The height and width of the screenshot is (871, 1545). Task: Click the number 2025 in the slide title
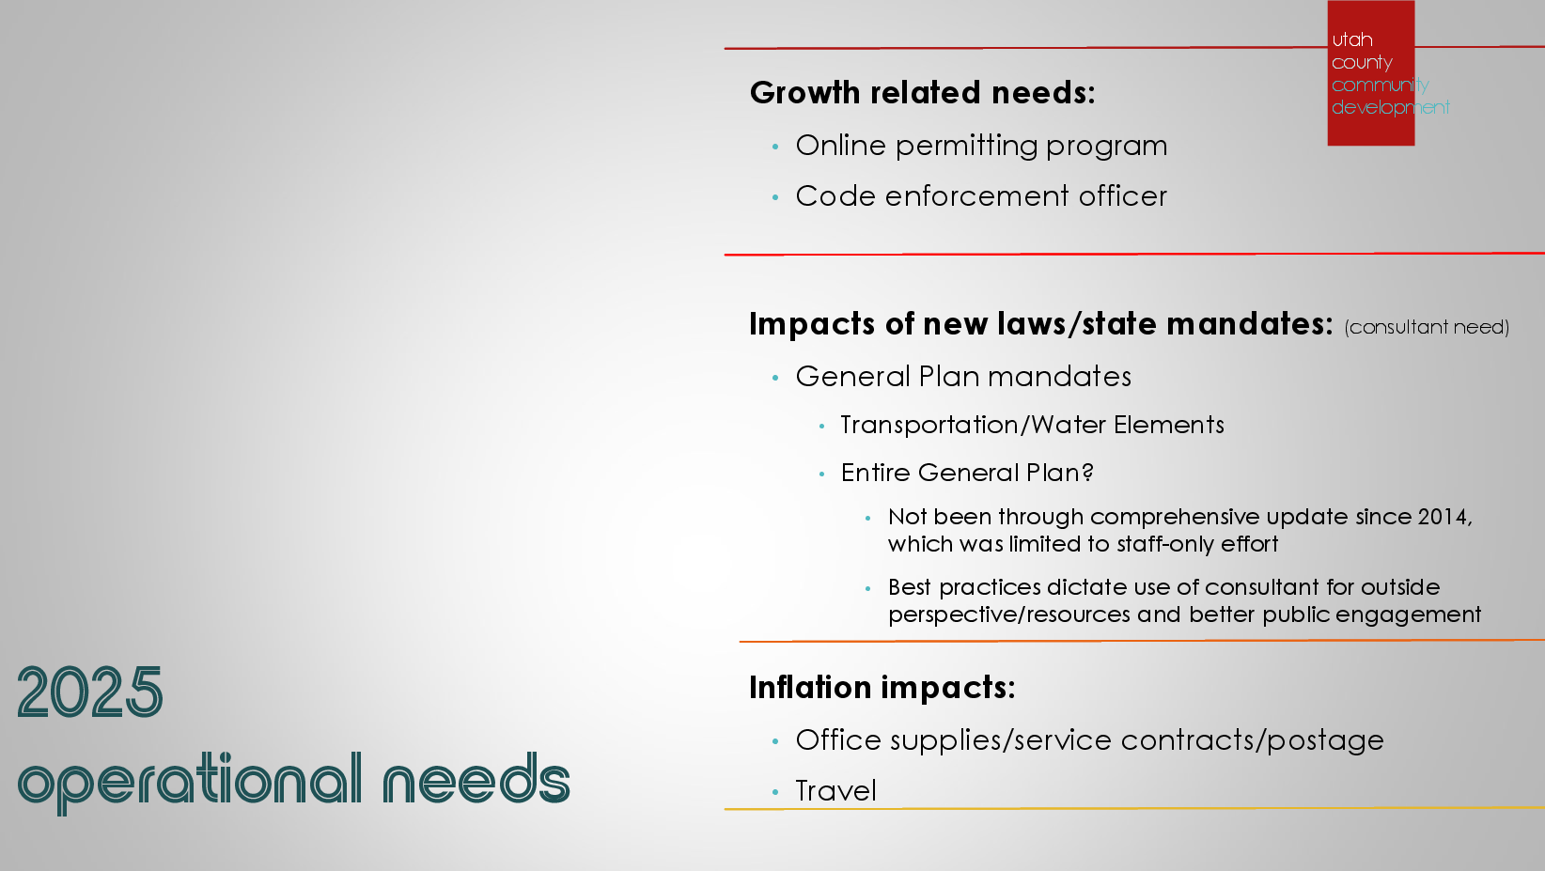[x=89, y=692]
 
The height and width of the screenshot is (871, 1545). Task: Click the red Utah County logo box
[x=1370, y=72]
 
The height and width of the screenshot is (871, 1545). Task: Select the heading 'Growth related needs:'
[x=922, y=92]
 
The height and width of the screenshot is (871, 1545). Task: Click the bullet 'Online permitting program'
[x=981, y=147]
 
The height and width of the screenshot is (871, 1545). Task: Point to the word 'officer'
[x=1123, y=195]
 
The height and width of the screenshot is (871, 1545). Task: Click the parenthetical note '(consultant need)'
[x=1427, y=327]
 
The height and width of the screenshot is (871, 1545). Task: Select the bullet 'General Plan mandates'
[x=963, y=377]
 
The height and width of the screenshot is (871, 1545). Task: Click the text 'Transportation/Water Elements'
[x=1032, y=425]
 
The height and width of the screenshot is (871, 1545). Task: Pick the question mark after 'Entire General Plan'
[x=1087, y=473]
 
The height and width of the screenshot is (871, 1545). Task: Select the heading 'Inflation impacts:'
[x=882, y=688]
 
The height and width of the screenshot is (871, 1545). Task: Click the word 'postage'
[x=1325, y=741]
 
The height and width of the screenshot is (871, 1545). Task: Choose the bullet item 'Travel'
[x=836, y=791]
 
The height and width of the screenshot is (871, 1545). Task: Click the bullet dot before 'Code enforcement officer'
[x=775, y=197]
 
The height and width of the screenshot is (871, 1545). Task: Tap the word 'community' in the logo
[x=1380, y=85]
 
